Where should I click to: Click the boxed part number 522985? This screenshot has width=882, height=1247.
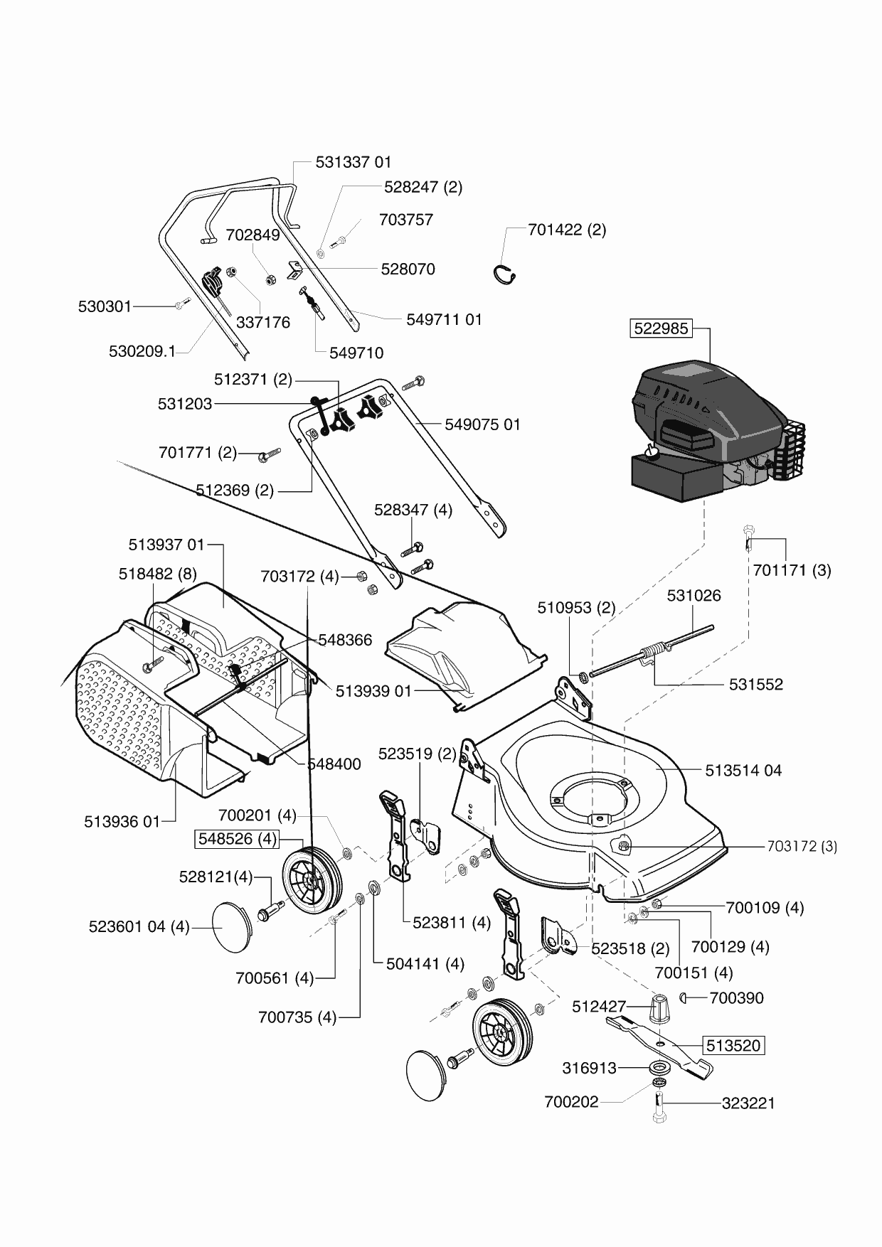(x=660, y=328)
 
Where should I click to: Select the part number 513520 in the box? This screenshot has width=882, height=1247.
(x=733, y=1046)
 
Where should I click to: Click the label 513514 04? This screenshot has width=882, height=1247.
(x=743, y=771)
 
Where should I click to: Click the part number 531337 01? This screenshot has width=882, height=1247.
(x=354, y=163)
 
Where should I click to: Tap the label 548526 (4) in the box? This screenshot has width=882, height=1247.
(x=237, y=839)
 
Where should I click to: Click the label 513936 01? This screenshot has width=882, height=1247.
(x=122, y=822)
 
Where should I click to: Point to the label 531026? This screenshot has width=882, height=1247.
(x=694, y=596)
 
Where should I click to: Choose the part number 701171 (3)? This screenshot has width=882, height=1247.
(x=792, y=570)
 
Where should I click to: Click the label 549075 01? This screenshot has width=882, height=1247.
(x=482, y=425)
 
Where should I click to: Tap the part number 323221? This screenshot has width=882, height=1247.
(x=748, y=1103)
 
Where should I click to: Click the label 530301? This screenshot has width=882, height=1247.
(x=105, y=307)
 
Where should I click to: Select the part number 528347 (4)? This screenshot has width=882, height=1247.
(x=413, y=510)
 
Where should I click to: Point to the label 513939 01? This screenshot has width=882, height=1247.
(x=373, y=691)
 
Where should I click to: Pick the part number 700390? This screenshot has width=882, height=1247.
(x=736, y=998)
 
